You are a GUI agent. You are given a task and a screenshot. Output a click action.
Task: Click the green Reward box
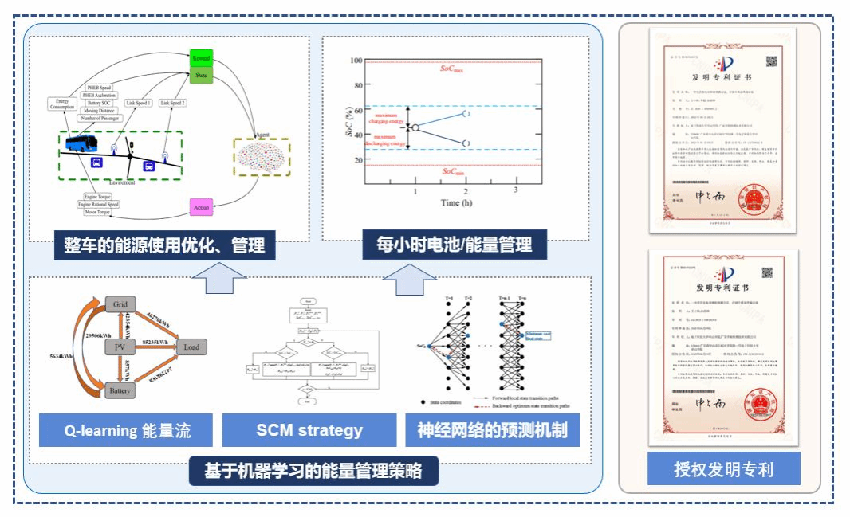[200, 58]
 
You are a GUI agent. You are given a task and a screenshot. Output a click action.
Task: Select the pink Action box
[201, 207]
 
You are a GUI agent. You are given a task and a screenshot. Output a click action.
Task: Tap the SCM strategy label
[309, 431]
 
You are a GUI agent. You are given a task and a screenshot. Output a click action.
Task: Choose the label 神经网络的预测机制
[492, 431]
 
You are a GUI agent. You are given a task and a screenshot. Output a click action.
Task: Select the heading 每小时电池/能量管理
[454, 244]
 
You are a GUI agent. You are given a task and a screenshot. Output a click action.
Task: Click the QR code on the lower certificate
[769, 273]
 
